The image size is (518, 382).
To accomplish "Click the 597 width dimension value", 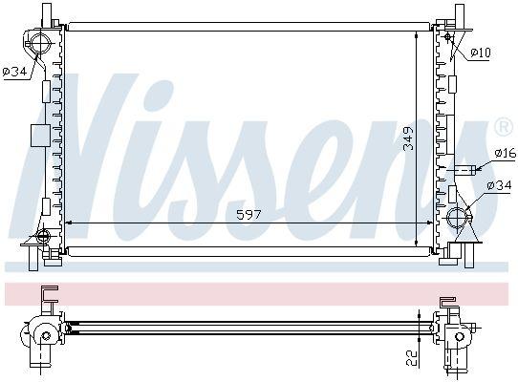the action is [x=248, y=215].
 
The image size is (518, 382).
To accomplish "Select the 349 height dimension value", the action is [x=409, y=138].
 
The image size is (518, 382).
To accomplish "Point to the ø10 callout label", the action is [x=481, y=53].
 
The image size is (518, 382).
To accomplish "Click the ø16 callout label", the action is [x=506, y=153].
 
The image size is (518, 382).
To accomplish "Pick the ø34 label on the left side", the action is [x=15, y=71].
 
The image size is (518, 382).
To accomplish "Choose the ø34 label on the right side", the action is [x=499, y=185].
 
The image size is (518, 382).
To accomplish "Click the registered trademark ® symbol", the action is [x=504, y=126].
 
